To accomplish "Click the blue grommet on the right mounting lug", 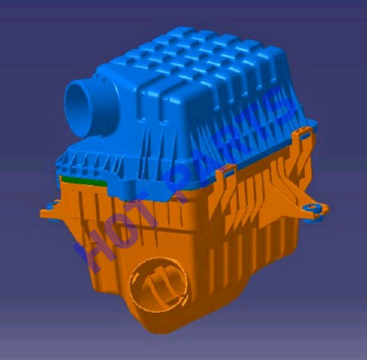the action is coord(312,208).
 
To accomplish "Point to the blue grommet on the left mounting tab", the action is coord(52,205).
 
